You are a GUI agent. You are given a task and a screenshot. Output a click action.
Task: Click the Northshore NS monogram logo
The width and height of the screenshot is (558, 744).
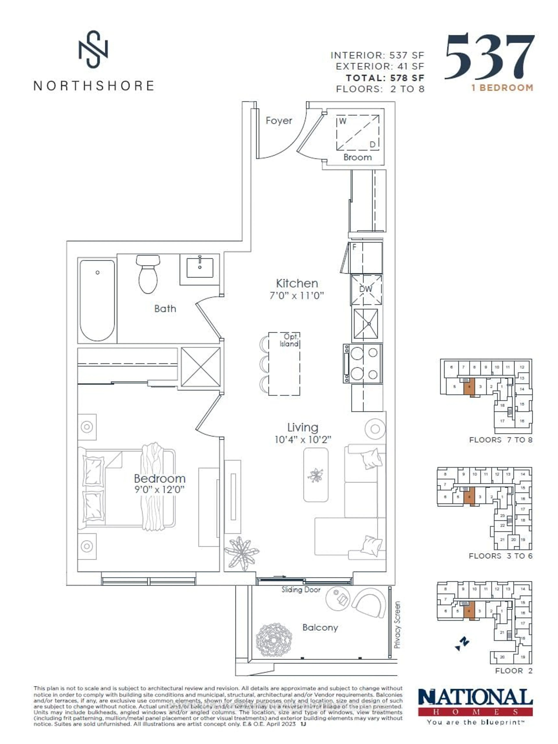click(x=93, y=49)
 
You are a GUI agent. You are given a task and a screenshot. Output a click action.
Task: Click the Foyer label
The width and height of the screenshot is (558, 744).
click(x=279, y=121)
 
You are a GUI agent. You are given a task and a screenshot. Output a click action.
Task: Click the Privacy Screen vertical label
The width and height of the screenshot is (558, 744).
click(x=397, y=625)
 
